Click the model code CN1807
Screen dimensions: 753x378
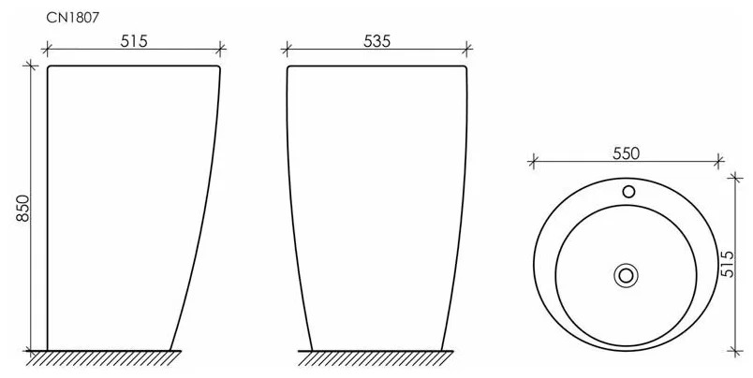point(72,18)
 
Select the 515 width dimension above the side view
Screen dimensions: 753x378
point(134,41)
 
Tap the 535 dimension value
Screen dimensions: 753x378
point(377,41)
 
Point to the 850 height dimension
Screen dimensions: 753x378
point(23,209)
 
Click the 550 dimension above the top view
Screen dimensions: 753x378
point(627,153)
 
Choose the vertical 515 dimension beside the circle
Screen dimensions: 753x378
point(728,264)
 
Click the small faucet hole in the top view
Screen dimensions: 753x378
point(628,192)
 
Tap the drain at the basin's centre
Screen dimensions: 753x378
point(626,275)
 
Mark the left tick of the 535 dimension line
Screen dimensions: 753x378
point(287,49)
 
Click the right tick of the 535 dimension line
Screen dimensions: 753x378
point(467,48)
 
